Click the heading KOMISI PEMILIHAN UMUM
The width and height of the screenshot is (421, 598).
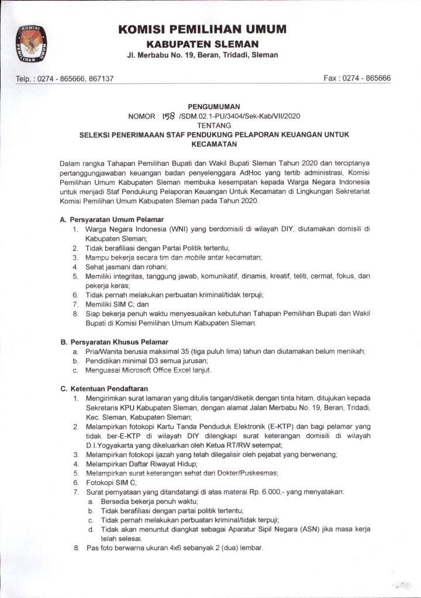[x=202, y=29]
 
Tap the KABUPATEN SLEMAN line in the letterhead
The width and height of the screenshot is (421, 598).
[x=202, y=44]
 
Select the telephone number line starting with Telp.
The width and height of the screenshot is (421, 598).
[x=64, y=78]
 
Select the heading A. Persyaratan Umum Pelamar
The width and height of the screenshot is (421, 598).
[x=108, y=219]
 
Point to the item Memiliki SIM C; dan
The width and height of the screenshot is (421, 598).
[x=117, y=304]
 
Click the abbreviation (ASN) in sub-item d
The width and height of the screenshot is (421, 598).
[x=305, y=530]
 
